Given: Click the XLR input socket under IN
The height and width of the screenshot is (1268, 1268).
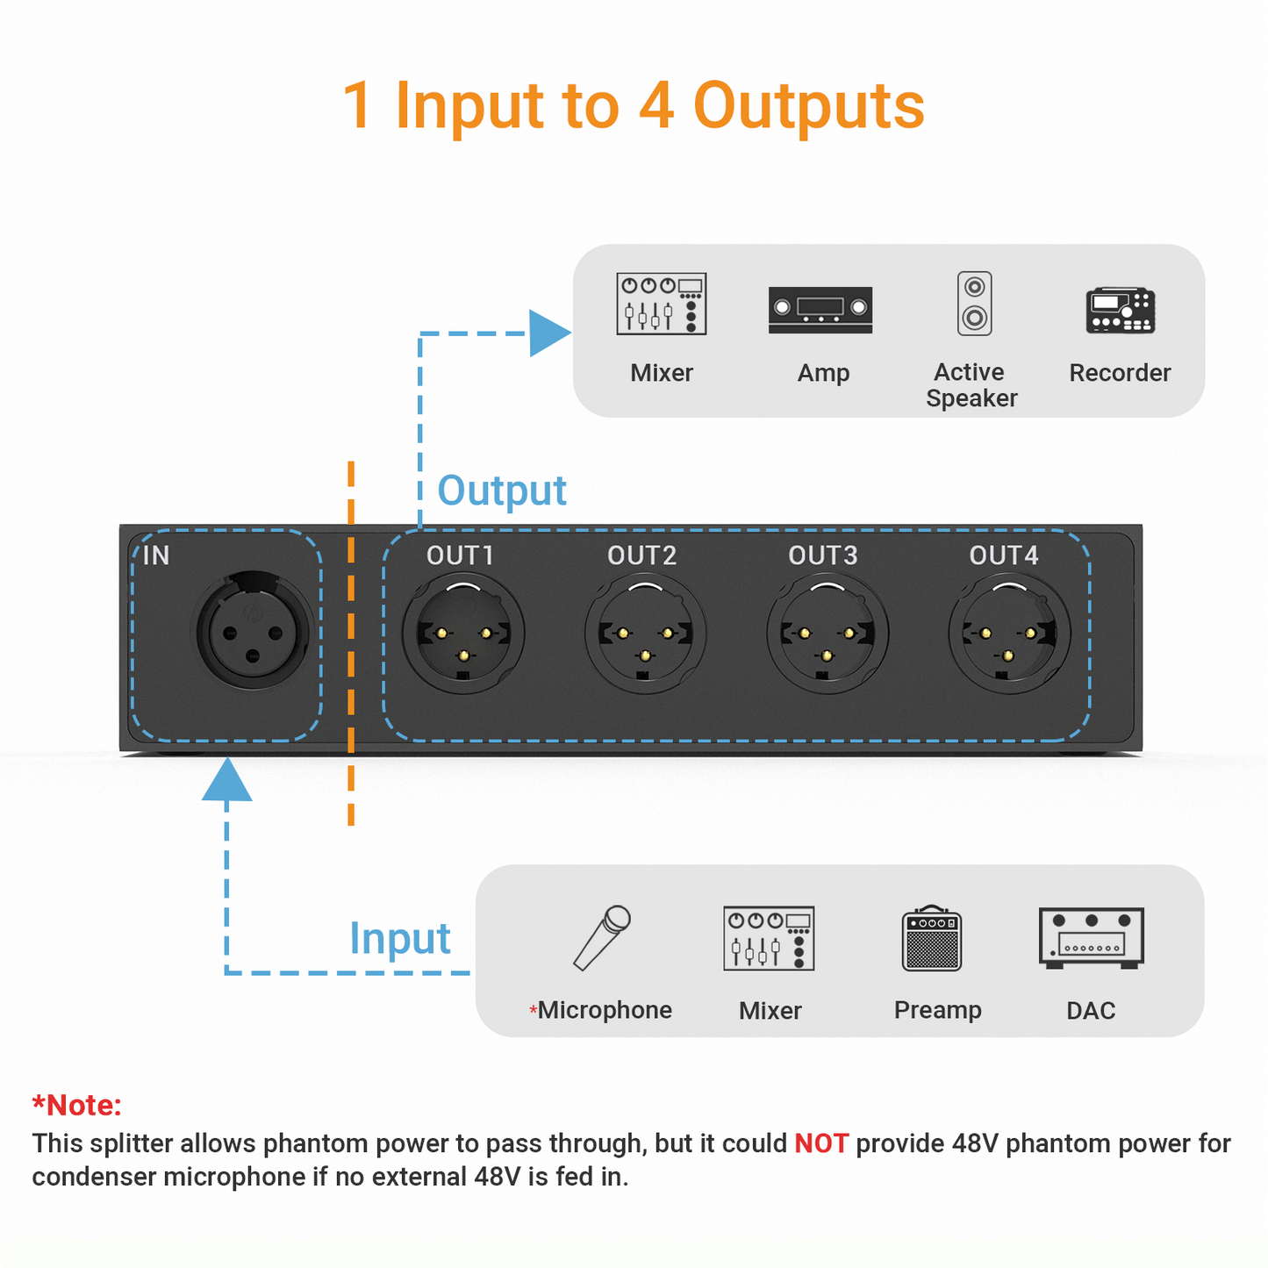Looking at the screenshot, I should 253,631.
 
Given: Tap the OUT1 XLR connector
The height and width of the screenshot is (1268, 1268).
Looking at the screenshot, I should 463,634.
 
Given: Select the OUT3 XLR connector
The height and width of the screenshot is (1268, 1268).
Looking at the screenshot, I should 827,634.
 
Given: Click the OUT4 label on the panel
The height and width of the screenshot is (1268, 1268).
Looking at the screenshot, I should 1003,555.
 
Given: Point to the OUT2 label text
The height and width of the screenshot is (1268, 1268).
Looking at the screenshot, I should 641,555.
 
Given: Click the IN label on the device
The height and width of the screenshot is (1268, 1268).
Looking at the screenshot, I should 156,555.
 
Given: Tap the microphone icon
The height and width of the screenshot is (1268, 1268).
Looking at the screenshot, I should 602,937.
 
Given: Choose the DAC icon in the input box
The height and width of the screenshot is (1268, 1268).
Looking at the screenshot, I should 1091,937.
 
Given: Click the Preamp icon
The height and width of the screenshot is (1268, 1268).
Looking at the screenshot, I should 932,938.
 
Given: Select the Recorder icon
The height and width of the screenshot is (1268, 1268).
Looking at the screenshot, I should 1120,310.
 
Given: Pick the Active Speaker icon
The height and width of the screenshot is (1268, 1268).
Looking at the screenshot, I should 974,304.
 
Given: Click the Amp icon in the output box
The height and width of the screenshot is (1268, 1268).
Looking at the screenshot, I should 820,309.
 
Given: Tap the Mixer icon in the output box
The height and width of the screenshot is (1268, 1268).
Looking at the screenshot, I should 662,304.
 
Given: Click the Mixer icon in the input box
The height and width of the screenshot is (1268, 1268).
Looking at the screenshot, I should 769,938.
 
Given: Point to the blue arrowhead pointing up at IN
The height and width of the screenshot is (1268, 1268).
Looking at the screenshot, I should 227,780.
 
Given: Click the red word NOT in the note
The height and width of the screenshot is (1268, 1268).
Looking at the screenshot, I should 820,1143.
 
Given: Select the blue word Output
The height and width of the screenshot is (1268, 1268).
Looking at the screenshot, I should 502,491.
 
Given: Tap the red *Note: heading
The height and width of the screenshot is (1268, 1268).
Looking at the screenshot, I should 76,1105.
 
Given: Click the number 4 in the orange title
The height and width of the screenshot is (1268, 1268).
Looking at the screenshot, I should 656,106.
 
